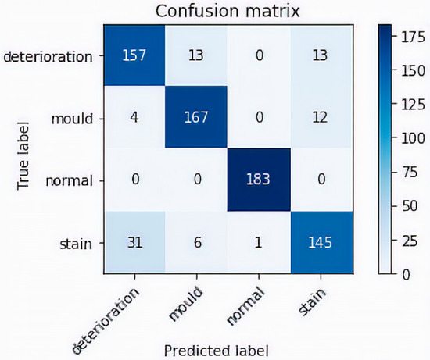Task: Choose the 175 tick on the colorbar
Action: point(410,35)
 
